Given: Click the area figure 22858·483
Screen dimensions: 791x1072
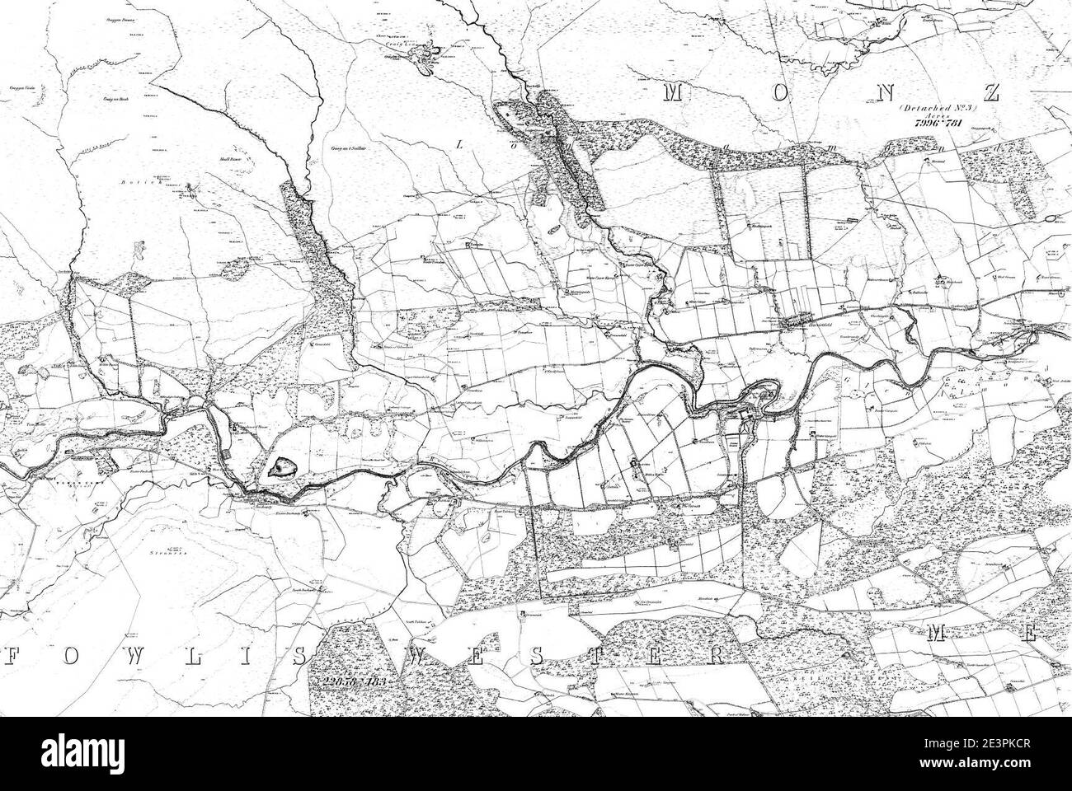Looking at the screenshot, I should click(x=355, y=683).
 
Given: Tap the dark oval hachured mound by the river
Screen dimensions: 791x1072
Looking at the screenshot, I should click(x=280, y=470).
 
